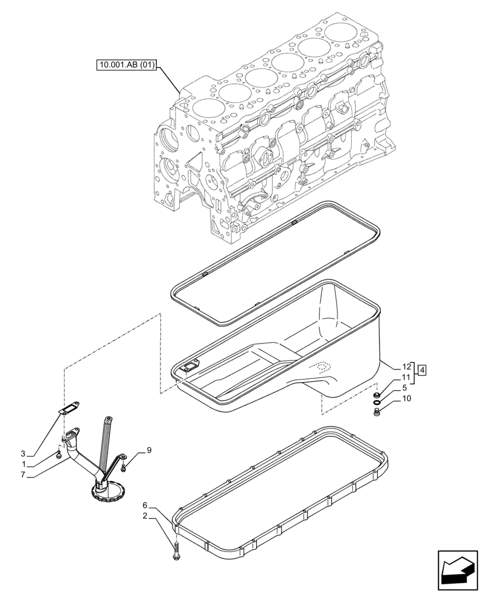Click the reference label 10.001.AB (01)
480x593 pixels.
[126, 65]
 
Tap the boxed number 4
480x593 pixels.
[422, 372]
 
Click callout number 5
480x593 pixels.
[405, 388]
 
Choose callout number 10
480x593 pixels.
[406, 398]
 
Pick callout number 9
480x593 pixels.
[149, 450]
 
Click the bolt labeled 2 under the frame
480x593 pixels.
[176, 552]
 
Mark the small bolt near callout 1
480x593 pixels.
[59, 454]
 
